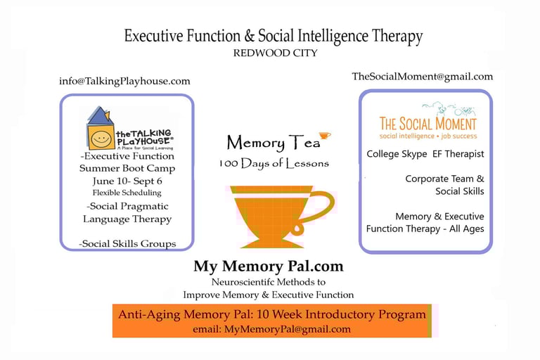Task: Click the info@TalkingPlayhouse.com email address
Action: pos(124,82)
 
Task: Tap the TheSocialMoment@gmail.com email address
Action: pos(422,77)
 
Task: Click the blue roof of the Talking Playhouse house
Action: pos(101,115)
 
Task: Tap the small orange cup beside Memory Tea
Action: pos(324,136)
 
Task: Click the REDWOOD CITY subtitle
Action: pos(275,53)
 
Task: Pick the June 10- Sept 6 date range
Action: pos(127,181)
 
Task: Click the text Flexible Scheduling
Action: pos(127,193)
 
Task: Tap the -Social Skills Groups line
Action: pos(127,243)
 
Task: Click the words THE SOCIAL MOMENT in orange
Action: pos(427,124)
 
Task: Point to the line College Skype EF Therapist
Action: pos(425,154)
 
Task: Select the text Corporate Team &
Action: pos(444,179)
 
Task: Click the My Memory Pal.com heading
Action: pos(269,266)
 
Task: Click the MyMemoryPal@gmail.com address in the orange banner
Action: pos(287,329)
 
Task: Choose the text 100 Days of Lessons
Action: pos(274,163)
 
